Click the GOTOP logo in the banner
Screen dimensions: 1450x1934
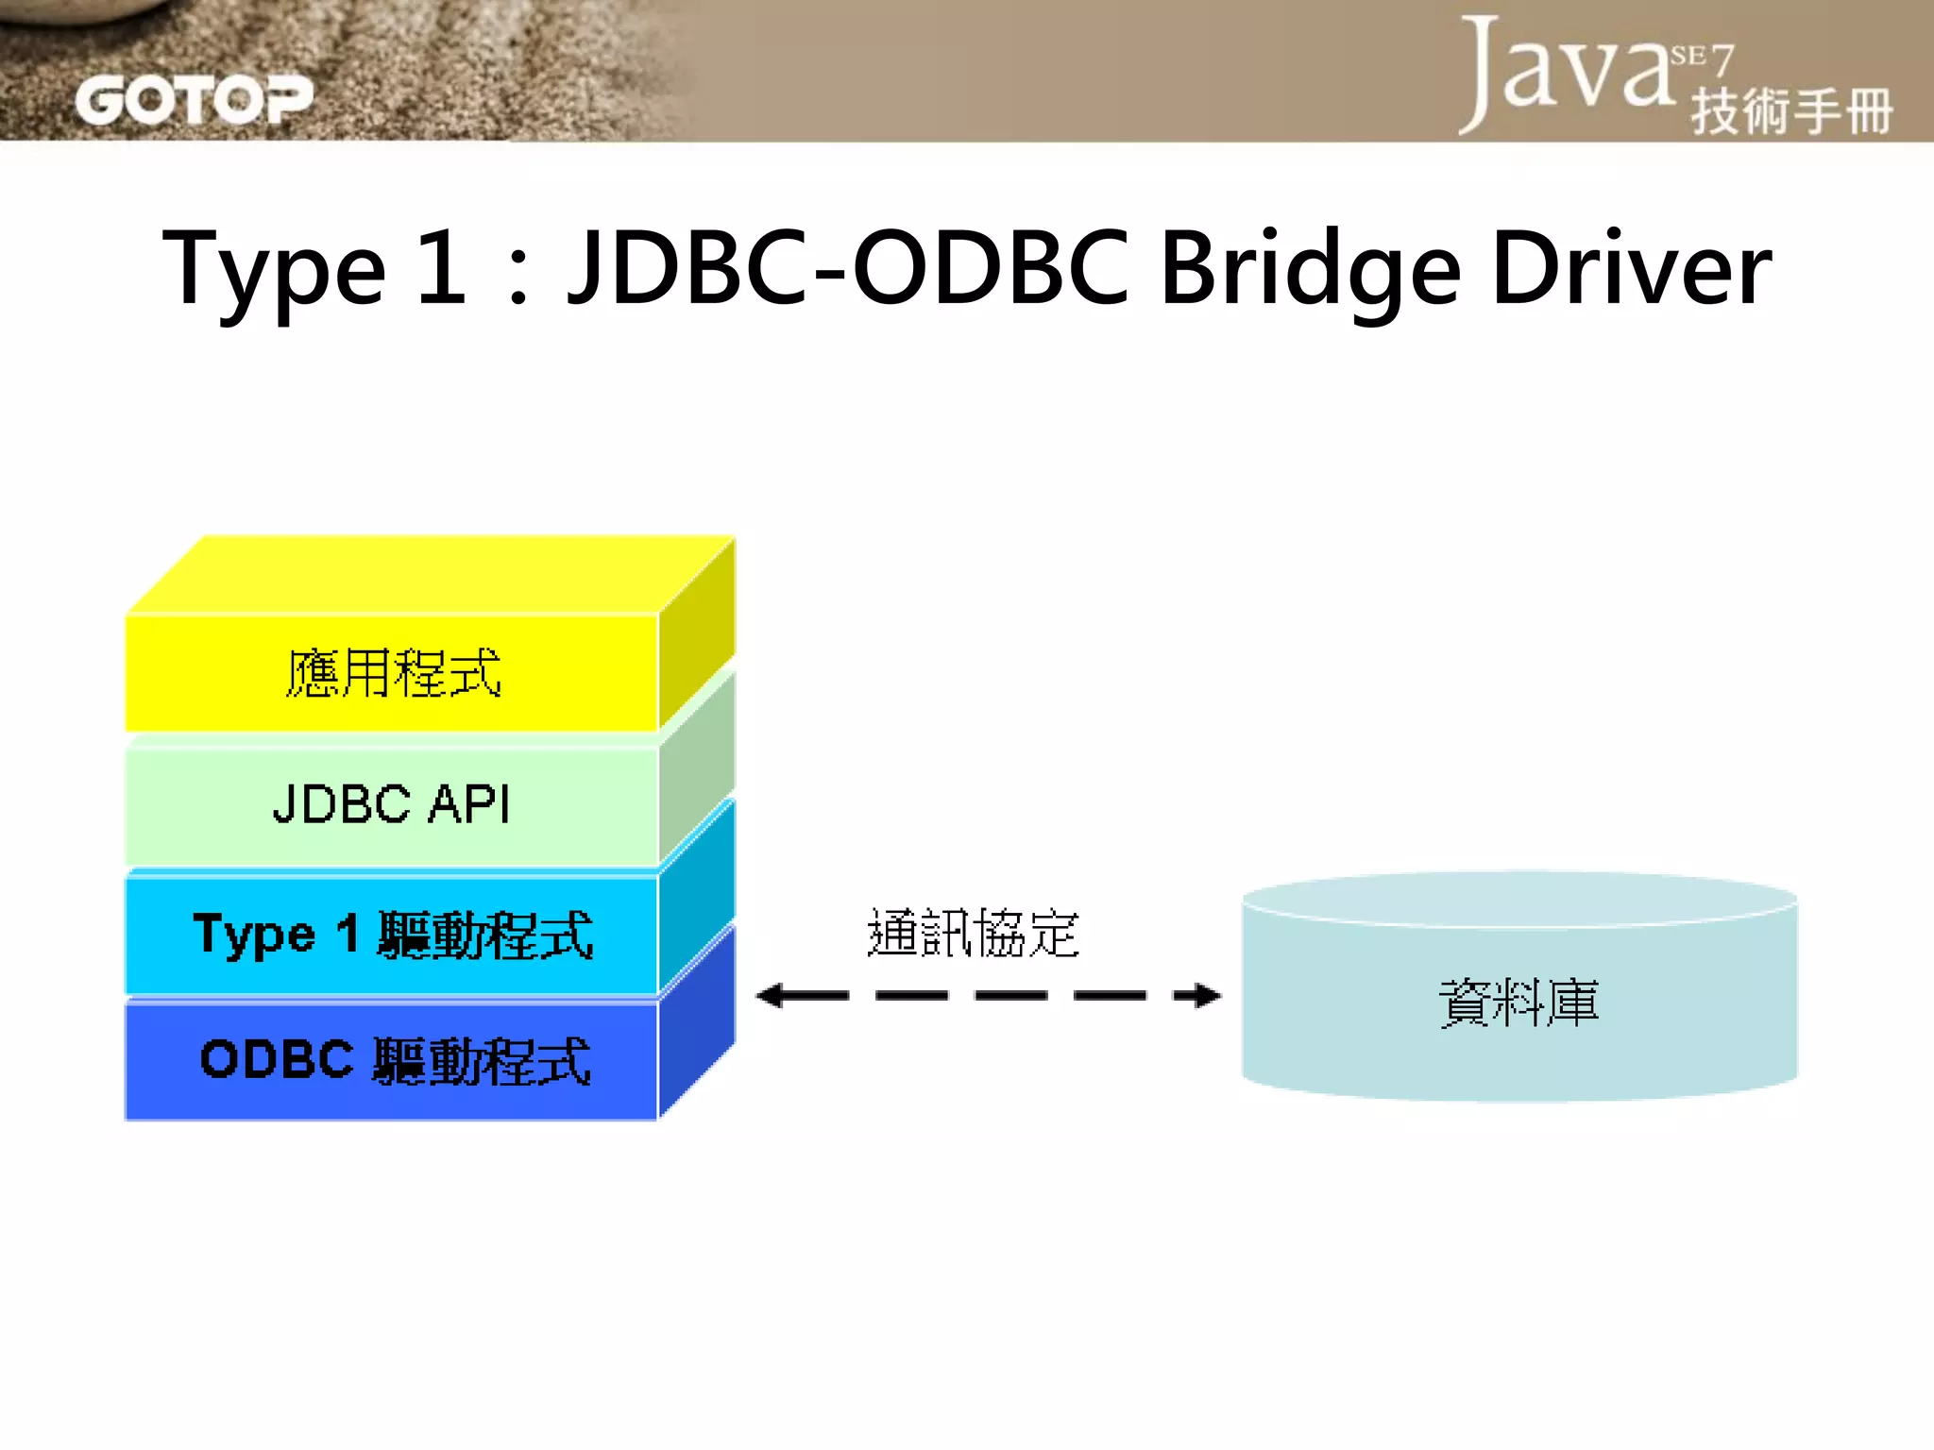pos(194,100)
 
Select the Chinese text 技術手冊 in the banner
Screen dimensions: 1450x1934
pos(1791,112)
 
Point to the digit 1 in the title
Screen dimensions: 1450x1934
pos(441,268)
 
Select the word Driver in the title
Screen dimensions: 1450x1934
pos(1631,268)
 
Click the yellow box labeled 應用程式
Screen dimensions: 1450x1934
pos(392,673)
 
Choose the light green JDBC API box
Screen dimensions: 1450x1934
pos(392,805)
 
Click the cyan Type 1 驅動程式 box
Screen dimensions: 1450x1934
pos(392,935)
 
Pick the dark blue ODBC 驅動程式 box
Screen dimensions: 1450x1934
pos(392,1060)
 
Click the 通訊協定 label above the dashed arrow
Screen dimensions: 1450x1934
pos(973,934)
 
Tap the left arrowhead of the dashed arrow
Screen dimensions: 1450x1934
pos(771,995)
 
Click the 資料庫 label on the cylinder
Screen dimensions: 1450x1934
pos(1518,1003)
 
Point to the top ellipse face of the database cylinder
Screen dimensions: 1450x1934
pos(1518,897)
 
